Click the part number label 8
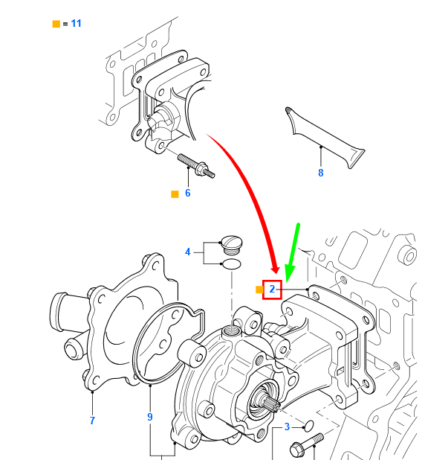[321, 173]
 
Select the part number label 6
[187, 193]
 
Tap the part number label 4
[188, 252]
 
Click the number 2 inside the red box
[272, 289]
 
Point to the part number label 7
[92, 421]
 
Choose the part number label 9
[149, 417]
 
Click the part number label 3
[286, 427]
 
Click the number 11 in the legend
[77, 23]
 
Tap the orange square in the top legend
[56, 24]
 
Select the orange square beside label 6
[175, 194]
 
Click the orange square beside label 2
[259, 289]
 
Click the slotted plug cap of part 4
[233, 243]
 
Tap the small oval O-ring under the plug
[232, 263]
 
